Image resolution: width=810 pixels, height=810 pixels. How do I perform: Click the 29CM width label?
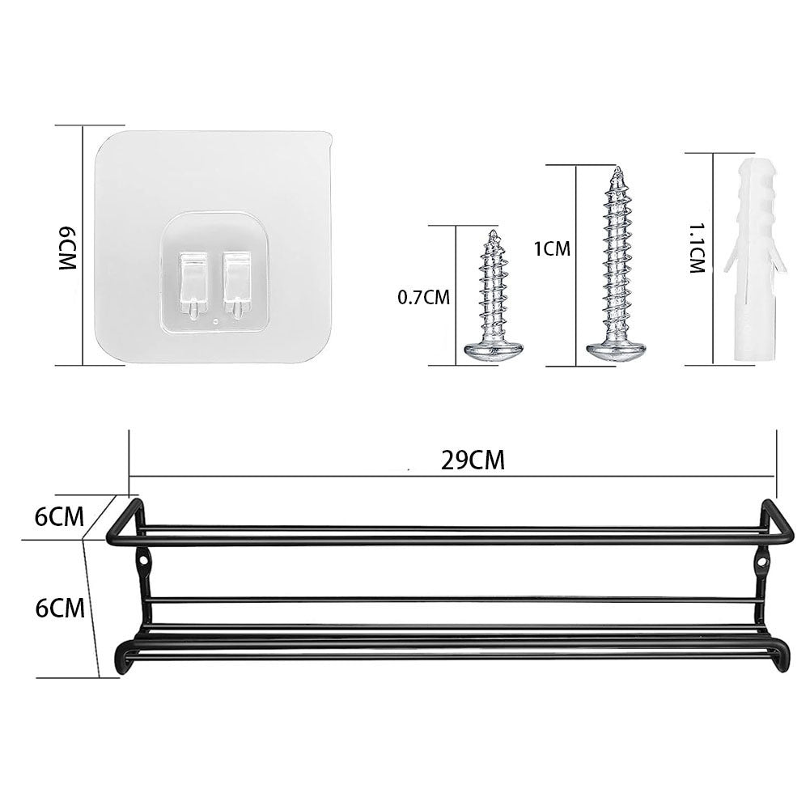point(473,460)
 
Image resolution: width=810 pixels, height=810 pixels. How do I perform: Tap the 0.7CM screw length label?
point(423,298)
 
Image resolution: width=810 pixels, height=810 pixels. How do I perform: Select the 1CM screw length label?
point(553,249)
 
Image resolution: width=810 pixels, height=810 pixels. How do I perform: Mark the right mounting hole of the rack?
point(762,558)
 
